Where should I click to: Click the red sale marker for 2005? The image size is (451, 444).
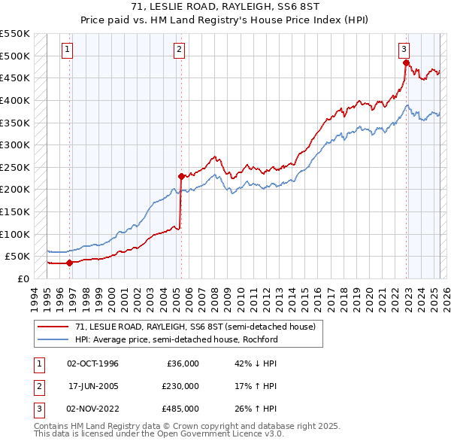point(181,176)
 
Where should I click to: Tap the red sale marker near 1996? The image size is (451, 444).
point(70,263)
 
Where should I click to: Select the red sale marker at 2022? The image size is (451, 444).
point(406,62)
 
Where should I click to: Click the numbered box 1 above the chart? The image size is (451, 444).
point(68,50)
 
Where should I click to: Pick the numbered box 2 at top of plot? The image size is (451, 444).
point(180,50)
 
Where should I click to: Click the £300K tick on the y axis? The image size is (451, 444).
point(15,144)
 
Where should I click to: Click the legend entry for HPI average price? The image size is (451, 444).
point(176,339)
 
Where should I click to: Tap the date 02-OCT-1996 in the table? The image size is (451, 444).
point(93,363)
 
